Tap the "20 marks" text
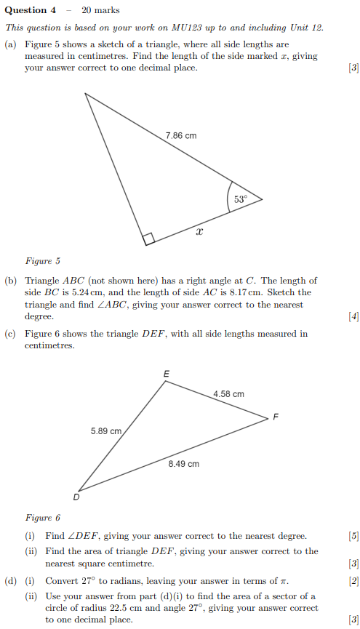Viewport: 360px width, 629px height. click(x=100, y=10)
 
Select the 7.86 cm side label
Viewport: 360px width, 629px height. click(x=180, y=136)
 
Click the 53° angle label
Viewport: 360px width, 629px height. click(x=240, y=199)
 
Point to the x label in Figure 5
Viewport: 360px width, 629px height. click(x=199, y=231)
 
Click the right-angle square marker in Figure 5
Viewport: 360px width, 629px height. click(x=149, y=239)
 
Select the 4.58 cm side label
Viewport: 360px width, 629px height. click(x=228, y=394)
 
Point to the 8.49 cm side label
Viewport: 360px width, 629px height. click(x=183, y=463)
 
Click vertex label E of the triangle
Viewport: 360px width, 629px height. click(x=166, y=374)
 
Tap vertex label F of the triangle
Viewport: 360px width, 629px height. click(x=275, y=417)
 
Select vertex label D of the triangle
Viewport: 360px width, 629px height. click(x=76, y=497)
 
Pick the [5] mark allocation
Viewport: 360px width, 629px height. click(x=353, y=536)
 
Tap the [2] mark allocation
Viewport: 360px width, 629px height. click(x=353, y=581)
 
